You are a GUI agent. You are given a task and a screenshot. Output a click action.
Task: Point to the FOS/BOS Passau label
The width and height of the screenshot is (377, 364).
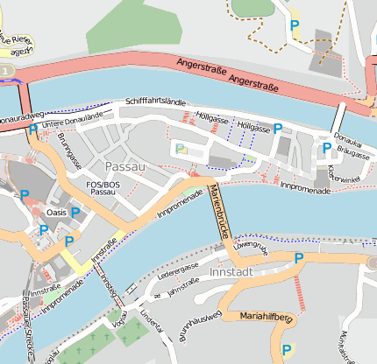103,188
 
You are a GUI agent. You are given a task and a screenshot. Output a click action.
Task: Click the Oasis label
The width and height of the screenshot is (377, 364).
56,212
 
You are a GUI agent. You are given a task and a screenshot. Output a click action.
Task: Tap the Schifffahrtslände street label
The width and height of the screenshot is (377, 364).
155,103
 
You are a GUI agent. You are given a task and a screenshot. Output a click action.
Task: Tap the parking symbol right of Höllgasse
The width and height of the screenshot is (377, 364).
278,129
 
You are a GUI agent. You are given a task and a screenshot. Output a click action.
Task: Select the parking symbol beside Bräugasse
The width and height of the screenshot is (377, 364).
326,148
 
